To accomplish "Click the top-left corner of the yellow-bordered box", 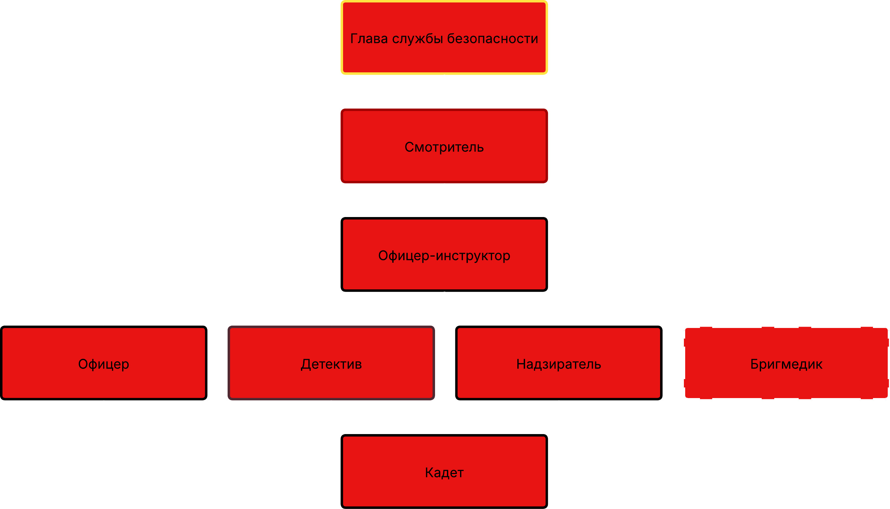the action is click(x=341, y=1).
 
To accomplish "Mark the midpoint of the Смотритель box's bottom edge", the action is click(x=444, y=182).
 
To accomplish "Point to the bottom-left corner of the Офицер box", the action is click(x=1, y=399).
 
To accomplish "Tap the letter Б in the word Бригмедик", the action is click(x=754, y=364).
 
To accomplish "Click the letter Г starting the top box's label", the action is click(x=354, y=39).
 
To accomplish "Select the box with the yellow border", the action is click(x=444, y=37).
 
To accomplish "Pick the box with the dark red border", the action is click(x=444, y=146).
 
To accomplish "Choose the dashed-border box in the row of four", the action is click(x=786, y=363).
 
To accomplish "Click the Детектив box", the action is click(x=331, y=363).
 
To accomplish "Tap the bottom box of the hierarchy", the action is click(x=444, y=471).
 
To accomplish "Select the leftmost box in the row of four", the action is click(x=104, y=363).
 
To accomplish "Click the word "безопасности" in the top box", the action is click(x=493, y=39).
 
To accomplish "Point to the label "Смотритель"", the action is click(x=444, y=148).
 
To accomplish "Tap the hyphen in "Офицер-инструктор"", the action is click(x=433, y=256).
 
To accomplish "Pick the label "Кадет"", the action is click(x=444, y=473).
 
